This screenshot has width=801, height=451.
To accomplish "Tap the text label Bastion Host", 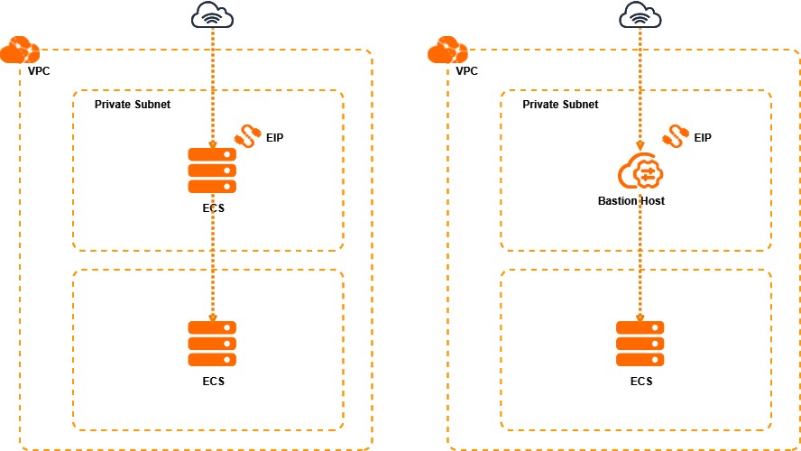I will coord(631,200).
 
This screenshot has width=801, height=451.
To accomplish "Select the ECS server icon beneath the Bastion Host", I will coord(640,343).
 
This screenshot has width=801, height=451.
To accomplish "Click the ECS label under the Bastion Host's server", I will coord(640,382).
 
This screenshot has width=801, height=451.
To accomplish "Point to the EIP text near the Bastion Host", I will coord(703,138).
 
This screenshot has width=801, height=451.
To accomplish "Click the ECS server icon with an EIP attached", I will coord(212,170).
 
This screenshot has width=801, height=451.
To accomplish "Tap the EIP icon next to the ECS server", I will coord(247,135).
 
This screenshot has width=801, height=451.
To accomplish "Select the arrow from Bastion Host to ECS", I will coord(640,262).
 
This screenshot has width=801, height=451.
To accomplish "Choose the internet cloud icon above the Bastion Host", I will coord(640,15).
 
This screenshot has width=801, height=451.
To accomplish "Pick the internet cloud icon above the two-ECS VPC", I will coord(212,15).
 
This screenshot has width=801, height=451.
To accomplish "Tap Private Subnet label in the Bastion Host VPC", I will coord(560,105).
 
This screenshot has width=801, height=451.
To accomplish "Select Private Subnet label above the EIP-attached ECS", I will coord(133,105).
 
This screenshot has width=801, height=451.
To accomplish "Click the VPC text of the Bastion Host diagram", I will coord(466,70).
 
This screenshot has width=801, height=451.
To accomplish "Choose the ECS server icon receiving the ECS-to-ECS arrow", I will coord(212,343).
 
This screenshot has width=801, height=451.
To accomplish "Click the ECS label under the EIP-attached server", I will coord(213,208).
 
